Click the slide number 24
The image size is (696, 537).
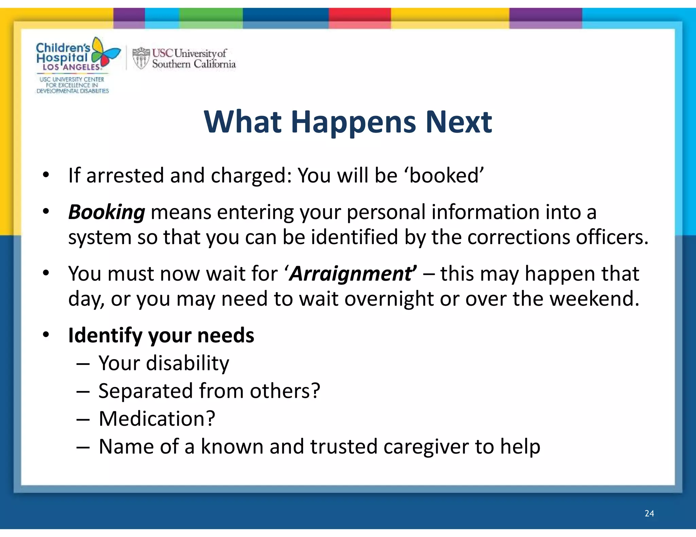pos(649,513)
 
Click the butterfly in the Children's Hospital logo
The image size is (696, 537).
pos(105,53)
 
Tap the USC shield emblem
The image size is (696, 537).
pos(141,58)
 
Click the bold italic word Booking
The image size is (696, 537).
pos(107,212)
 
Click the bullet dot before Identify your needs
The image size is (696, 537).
pos(46,334)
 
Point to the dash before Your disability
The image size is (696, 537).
pos(83,364)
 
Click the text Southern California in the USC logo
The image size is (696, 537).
pos(194,64)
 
